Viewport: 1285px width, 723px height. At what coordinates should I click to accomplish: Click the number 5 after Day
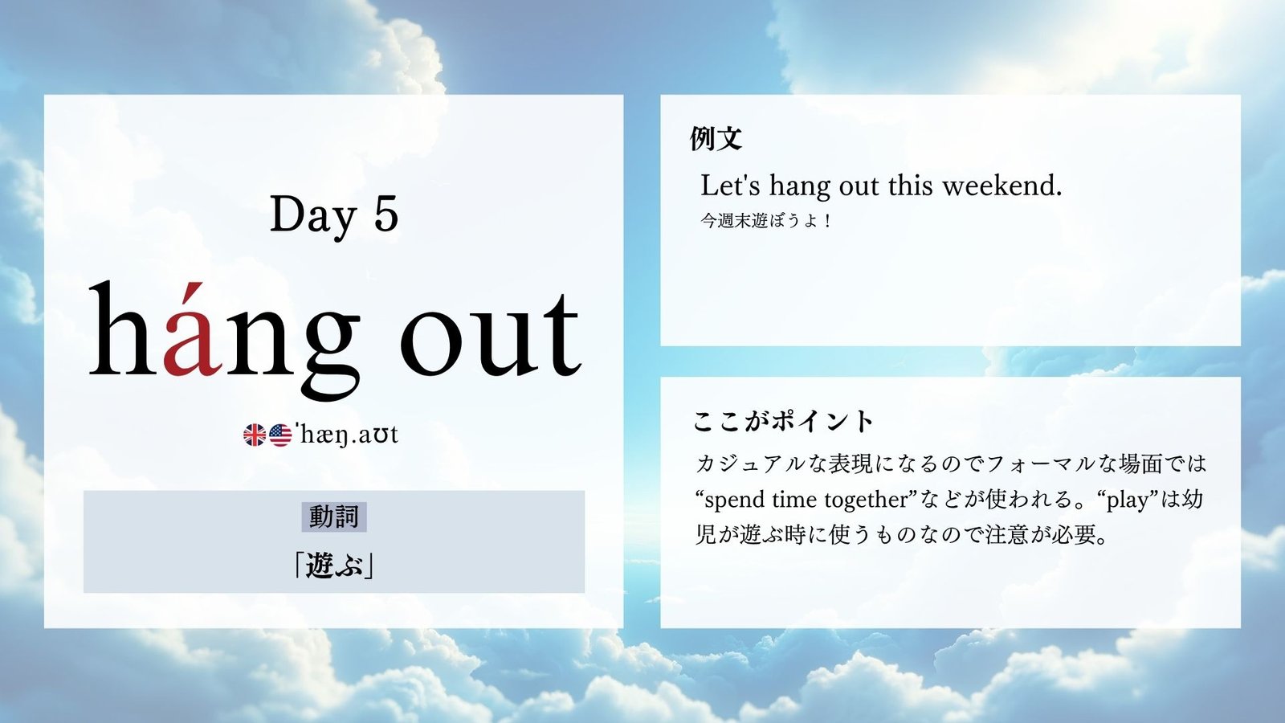(386, 214)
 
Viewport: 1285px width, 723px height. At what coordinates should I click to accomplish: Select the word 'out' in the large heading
(491, 334)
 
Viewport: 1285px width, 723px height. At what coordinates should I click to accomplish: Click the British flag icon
(255, 435)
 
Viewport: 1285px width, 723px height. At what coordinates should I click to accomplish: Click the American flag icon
(280, 435)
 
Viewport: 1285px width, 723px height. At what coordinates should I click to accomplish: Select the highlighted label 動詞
(334, 517)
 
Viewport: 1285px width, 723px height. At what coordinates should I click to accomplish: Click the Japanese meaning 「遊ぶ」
(334, 566)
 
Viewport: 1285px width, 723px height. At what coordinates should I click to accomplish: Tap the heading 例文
(716, 138)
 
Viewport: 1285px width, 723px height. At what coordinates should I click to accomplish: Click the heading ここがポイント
(783, 422)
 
